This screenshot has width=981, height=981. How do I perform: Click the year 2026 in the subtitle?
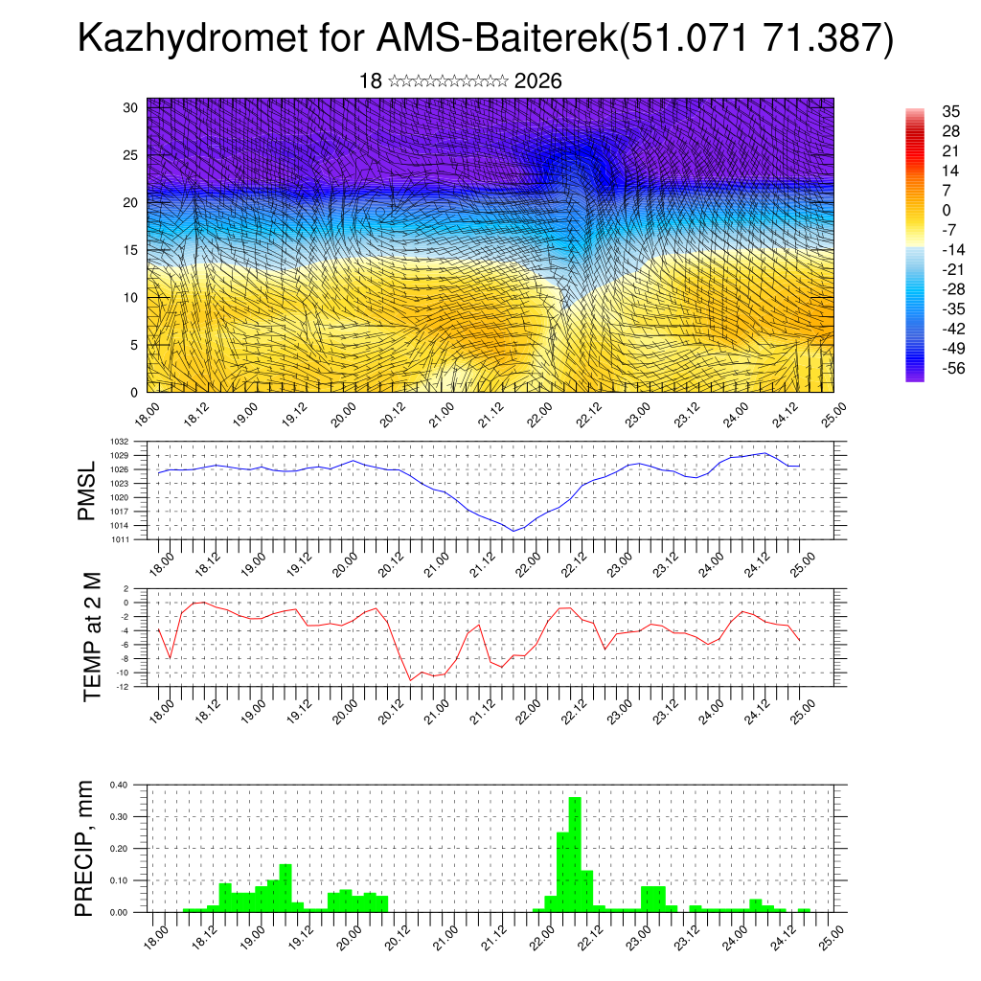click(537, 81)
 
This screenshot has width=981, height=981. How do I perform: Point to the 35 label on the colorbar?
click(951, 111)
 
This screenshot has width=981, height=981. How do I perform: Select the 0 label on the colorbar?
click(947, 210)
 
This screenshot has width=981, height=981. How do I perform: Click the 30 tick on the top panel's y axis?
click(131, 107)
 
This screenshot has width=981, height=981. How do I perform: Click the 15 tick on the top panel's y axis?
click(131, 250)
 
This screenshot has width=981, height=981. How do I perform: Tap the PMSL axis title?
click(87, 490)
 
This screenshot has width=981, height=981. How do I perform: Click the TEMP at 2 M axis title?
click(92, 637)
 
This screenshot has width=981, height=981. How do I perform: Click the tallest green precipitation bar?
click(575, 853)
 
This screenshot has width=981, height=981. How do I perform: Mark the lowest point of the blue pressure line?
click(513, 531)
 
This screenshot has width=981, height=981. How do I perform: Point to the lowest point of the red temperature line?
click(411, 680)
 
